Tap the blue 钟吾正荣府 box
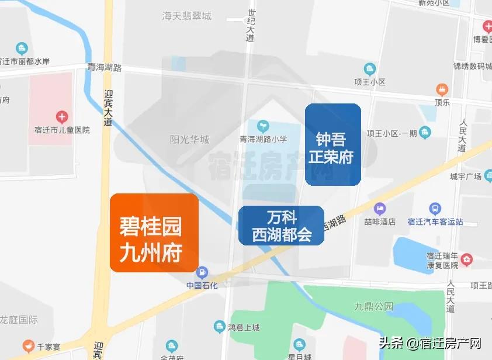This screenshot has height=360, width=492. pos(332,144)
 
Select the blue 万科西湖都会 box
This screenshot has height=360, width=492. pos(281,226)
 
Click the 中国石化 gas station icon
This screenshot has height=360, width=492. pos(202,272)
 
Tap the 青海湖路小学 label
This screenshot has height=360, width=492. pos(263,139)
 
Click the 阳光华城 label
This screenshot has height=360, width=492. pos(189,140)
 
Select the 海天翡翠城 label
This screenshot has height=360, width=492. pos(186,16)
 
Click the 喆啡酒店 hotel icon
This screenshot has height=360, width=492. pos(380,208)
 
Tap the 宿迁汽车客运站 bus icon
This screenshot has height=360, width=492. pos(435,208)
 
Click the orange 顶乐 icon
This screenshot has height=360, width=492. pos(442,89)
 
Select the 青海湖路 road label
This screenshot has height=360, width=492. pos(103,67)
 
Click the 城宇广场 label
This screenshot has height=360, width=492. pos(465,176)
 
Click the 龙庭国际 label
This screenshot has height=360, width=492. pos(19,320)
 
